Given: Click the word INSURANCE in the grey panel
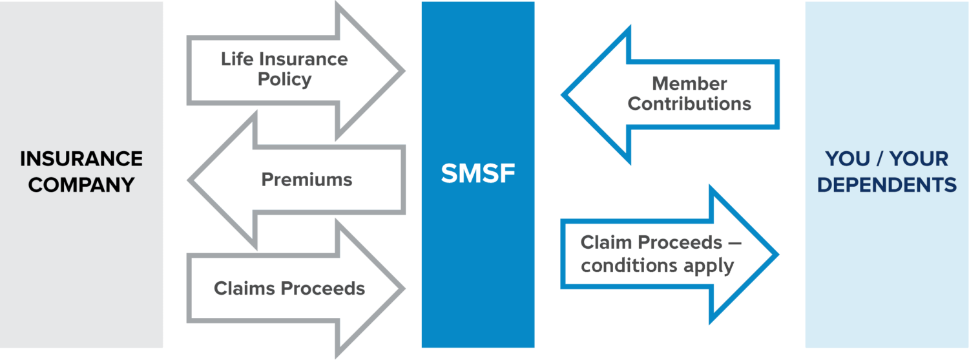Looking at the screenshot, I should (81, 159).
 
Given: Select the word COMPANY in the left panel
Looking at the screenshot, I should (81, 185).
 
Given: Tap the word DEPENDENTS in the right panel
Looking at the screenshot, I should (886, 185).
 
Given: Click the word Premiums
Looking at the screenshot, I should (307, 179).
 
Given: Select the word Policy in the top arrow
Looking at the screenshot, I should (284, 79).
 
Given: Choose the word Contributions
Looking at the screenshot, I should (689, 103).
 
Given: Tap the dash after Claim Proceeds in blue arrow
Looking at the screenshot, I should (735, 243).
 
